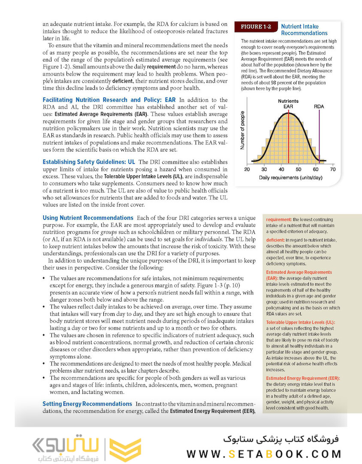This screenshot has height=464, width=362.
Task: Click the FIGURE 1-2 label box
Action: [256, 27]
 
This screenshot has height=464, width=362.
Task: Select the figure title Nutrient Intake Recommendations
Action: [304, 30]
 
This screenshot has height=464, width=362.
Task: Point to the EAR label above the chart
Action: [288, 106]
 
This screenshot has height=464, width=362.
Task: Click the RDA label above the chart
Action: [319, 106]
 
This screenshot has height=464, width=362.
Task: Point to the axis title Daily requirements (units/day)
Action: [290, 178]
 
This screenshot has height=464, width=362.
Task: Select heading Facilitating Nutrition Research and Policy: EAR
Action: [109, 100]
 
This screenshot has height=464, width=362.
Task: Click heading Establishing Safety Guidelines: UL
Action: [89, 162]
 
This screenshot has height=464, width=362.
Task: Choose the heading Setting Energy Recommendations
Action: [87, 404]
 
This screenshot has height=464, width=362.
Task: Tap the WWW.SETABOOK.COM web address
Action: [264, 454]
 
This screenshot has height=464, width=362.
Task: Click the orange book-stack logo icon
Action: [124, 449]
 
